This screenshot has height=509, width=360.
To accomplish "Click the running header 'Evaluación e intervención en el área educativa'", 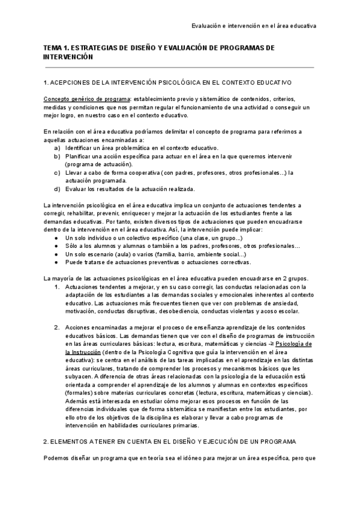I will click(254, 26).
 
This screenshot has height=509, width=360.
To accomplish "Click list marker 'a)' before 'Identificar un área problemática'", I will click(57, 148).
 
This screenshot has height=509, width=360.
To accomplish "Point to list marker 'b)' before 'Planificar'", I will click(57, 156).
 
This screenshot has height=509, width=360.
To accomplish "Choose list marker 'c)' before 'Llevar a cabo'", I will click(57, 172).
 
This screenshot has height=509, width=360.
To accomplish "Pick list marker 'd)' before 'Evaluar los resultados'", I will click(57, 189).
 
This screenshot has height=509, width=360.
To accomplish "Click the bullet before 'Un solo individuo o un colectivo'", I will click(56, 238).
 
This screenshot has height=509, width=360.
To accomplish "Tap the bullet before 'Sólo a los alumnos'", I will click(56, 247).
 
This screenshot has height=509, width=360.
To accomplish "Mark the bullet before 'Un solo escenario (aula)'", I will click(56, 254).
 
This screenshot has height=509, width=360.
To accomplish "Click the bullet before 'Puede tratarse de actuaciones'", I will click(56, 263).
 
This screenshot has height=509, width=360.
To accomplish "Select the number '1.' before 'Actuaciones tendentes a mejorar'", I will click(57, 287).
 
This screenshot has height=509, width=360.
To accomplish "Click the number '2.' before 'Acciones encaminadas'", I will click(57, 328).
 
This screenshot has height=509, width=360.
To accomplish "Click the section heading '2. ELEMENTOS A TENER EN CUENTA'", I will click(170, 441).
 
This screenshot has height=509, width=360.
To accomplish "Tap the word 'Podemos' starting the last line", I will click(58, 459).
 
